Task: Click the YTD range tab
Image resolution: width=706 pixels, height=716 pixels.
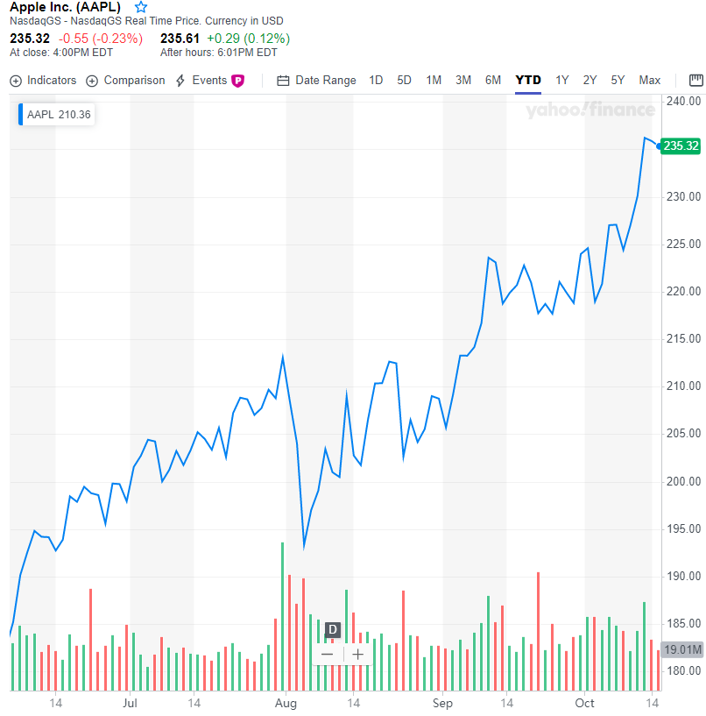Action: pyautogui.click(x=528, y=81)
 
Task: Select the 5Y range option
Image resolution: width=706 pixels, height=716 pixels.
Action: pyautogui.click(x=618, y=81)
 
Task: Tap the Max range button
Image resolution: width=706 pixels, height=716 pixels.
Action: pyautogui.click(x=649, y=81)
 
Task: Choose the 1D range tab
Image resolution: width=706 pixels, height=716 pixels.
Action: pyautogui.click(x=376, y=81)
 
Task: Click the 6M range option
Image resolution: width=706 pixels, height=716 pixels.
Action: pyautogui.click(x=493, y=81)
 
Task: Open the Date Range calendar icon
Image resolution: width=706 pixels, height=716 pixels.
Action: pyautogui.click(x=283, y=81)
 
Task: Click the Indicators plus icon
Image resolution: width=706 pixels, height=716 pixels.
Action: pyautogui.click(x=16, y=81)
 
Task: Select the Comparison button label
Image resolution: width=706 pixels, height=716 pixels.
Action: pyautogui.click(x=134, y=81)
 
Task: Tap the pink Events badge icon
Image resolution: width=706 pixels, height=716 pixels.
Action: pyautogui.click(x=237, y=81)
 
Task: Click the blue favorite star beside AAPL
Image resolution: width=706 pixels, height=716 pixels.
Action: pyautogui.click(x=141, y=7)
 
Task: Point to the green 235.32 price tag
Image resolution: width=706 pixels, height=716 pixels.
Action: pyautogui.click(x=681, y=146)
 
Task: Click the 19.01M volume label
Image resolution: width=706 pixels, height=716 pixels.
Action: pyautogui.click(x=682, y=649)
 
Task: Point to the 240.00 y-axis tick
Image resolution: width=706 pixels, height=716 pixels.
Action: pyautogui.click(x=683, y=102)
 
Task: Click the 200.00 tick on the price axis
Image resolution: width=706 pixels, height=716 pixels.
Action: pyautogui.click(x=683, y=482)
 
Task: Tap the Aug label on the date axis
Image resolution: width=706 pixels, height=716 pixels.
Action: pyautogui.click(x=286, y=704)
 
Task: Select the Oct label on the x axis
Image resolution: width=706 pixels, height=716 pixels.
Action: pyautogui.click(x=584, y=703)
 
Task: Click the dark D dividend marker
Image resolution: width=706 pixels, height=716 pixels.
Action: pyautogui.click(x=333, y=630)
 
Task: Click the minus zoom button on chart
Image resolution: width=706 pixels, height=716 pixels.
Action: pyautogui.click(x=328, y=655)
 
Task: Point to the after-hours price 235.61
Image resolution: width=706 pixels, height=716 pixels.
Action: pyautogui.click(x=180, y=39)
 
